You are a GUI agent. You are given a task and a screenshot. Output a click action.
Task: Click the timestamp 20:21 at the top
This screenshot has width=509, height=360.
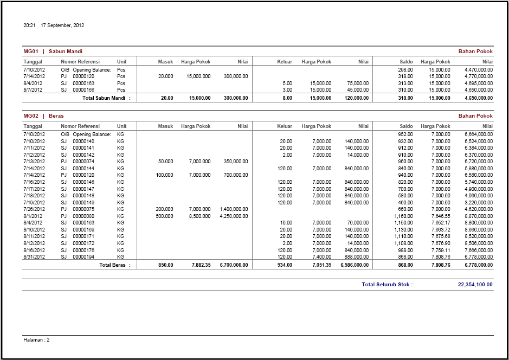click(x=29, y=25)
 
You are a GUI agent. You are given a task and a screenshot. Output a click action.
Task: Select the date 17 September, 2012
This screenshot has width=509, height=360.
click(x=62, y=25)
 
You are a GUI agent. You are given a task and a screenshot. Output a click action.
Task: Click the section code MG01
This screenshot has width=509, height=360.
click(x=31, y=52)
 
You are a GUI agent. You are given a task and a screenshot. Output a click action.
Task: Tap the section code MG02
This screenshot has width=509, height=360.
click(x=31, y=116)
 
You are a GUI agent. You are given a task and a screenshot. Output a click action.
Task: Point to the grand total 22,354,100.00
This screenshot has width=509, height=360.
click(x=475, y=285)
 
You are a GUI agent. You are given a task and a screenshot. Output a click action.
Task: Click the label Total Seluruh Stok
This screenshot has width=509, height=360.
click(x=387, y=285)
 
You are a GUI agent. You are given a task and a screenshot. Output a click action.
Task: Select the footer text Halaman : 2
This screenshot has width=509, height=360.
click(x=37, y=340)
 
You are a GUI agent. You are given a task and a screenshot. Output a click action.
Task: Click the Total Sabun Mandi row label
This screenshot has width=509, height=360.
click(x=106, y=98)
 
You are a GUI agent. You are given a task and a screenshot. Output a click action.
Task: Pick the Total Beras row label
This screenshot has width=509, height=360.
click(x=115, y=265)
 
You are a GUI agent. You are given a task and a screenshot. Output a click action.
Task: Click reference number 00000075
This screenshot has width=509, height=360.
click(x=83, y=209)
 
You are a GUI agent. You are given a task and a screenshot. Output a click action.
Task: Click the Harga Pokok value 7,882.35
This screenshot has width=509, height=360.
click(x=199, y=265)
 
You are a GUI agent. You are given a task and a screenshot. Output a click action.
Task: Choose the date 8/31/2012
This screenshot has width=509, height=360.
click(x=34, y=256)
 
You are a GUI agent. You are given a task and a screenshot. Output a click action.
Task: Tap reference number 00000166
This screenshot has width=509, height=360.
click(x=83, y=90)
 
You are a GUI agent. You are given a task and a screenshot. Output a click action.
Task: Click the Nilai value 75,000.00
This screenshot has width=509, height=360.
click(x=357, y=83)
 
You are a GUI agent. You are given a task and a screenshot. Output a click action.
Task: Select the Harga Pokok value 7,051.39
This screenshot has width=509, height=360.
click(x=320, y=265)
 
